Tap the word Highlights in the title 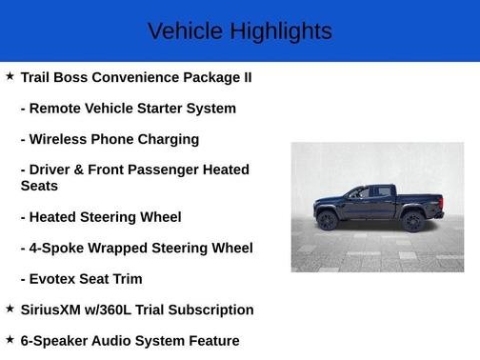279,31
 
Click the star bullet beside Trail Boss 10,75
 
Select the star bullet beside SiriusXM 10,309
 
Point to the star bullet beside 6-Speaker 10,339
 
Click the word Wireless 62,139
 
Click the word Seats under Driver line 39,186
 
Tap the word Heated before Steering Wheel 58,217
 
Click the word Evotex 56,279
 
